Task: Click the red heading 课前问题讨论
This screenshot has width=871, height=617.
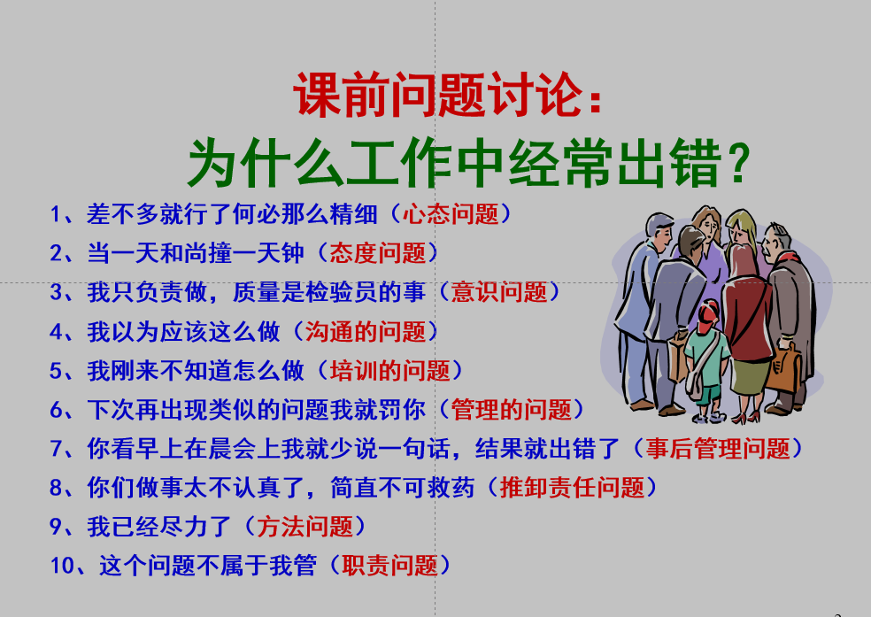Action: tap(438, 95)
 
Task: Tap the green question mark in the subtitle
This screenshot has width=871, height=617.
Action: tap(738, 162)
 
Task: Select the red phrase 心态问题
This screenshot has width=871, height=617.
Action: tap(451, 214)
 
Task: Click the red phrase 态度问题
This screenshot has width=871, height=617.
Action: tap(378, 253)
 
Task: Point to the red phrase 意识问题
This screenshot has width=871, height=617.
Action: tap(499, 292)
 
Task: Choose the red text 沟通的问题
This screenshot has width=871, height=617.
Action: tap(366, 332)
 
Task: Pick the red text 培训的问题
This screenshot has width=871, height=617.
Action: tap(390, 370)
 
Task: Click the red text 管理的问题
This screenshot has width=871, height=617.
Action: tap(511, 410)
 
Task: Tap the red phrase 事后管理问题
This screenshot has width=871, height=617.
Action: tap(718, 449)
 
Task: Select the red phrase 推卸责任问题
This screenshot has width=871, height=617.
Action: tap(572, 488)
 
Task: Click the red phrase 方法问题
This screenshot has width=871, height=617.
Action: tap(305, 527)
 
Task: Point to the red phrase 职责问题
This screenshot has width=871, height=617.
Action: tap(390, 566)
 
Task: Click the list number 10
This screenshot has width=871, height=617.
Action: tap(62, 566)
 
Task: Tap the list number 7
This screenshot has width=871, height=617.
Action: tap(57, 449)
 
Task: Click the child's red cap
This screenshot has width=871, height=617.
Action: tap(707, 313)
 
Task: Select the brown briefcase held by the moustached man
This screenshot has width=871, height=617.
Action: tap(783, 368)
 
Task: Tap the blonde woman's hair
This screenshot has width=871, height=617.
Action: tap(743, 228)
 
